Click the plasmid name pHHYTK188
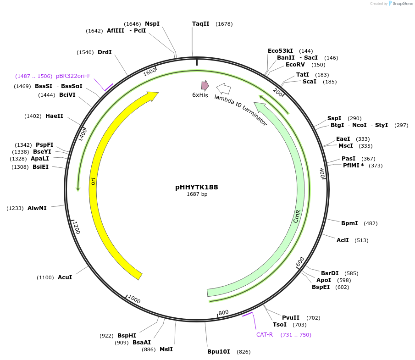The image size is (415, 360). pyautogui.click(x=196, y=187)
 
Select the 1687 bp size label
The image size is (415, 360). pyautogui.click(x=197, y=194)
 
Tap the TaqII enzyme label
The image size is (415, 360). pyautogui.click(x=200, y=24)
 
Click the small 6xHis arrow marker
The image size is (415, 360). pyautogui.click(x=205, y=85)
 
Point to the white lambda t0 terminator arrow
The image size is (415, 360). pyautogui.click(x=223, y=89)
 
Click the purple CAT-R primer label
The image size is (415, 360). pyautogui.click(x=265, y=334)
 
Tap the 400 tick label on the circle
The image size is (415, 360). pyautogui.click(x=322, y=173)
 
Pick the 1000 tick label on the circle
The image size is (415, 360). pyautogui.click(x=134, y=299)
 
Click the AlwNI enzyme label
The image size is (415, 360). pyautogui.click(x=37, y=208)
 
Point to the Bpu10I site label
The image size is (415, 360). pyautogui.click(x=219, y=352)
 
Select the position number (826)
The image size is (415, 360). pyautogui.click(x=243, y=352)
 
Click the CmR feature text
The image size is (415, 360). pyautogui.click(x=297, y=216)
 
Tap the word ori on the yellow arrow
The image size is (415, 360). pyautogui.click(x=94, y=182)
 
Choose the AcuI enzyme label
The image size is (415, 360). pyautogui.click(x=65, y=277)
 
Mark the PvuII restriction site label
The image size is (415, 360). pyautogui.click(x=291, y=317)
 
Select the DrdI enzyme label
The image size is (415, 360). pyautogui.click(x=105, y=52)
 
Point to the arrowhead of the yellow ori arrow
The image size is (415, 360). pyautogui.click(x=153, y=95)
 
